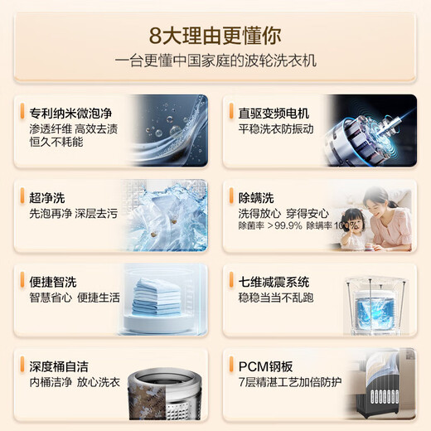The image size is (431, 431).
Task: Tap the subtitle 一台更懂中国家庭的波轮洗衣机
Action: (215, 62)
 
